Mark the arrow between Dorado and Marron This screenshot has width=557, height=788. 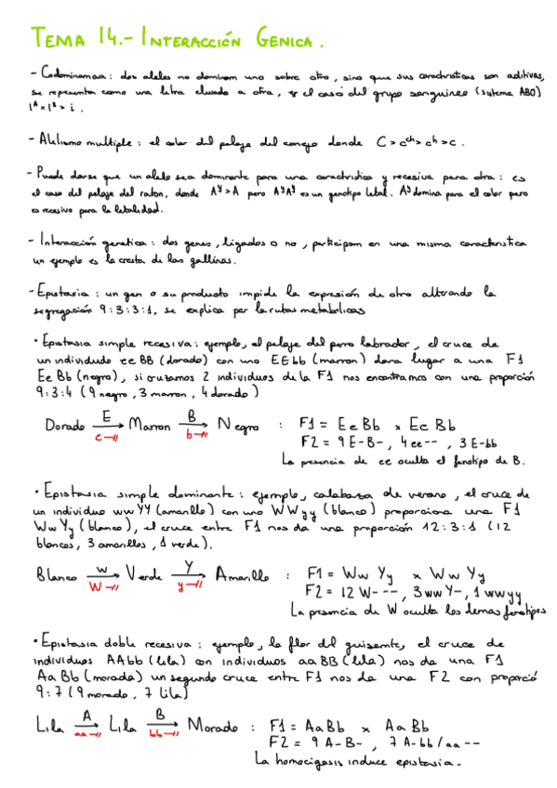click(x=105, y=427)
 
